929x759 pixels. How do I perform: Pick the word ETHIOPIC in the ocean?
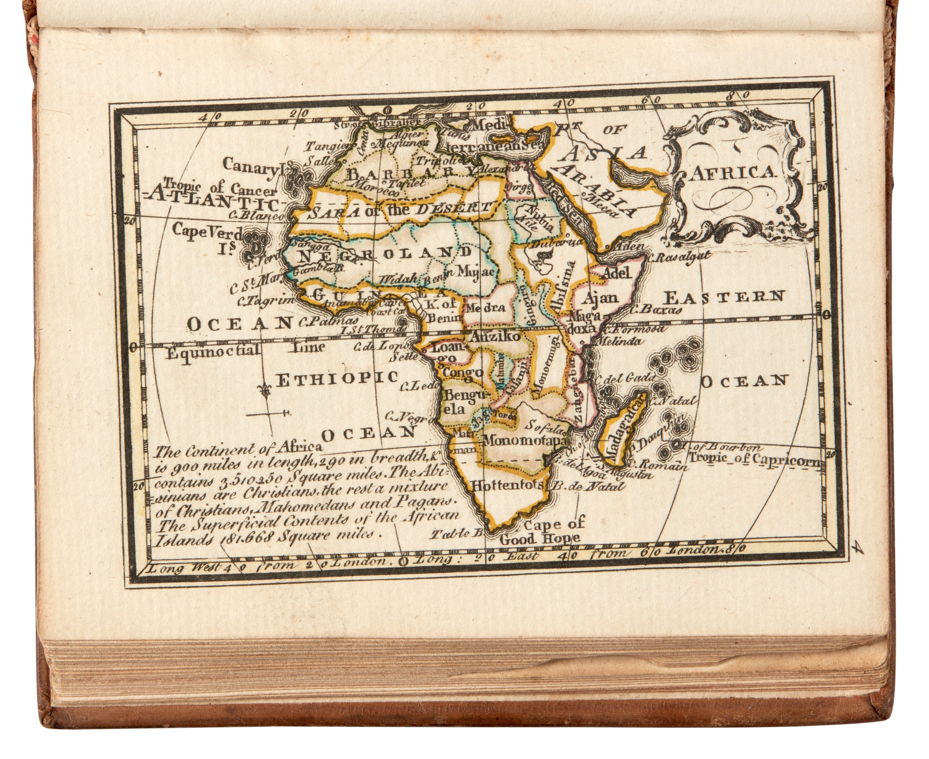click(x=337, y=379)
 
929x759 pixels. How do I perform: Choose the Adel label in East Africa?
click(x=618, y=273)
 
